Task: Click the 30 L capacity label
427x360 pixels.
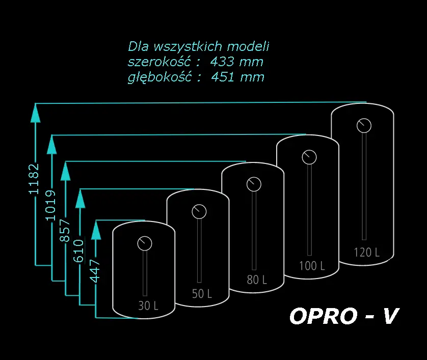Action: tap(148, 306)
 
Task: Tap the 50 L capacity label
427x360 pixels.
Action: tap(202, 294)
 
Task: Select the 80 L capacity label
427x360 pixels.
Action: tap(257, 280)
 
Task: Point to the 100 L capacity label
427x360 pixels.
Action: tap(312, 266)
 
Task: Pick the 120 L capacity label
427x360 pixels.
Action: tap(366, 252)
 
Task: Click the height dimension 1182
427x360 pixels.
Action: tap(34, 179)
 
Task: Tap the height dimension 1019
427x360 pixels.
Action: tap(50, 205)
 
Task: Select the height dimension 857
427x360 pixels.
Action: tap(65, 231)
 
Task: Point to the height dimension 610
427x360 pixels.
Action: tap(78, 251)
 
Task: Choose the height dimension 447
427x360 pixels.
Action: tap(95, 271)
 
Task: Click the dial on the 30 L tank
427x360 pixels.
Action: tap(145, 243)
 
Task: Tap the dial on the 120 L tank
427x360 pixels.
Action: tap(364, 125)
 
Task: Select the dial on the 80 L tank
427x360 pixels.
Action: tap(254, 184)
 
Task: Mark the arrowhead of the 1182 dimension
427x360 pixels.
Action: tap(35, 114)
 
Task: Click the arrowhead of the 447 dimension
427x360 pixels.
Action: tap(96, 231)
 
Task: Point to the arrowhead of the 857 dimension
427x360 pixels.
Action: tap(65, 172)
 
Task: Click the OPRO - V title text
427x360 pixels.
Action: tap(344, 316)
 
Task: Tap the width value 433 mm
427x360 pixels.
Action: tap(236, 62)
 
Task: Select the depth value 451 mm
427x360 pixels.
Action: tap(238, 77)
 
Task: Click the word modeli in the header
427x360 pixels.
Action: tap(248, 46)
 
